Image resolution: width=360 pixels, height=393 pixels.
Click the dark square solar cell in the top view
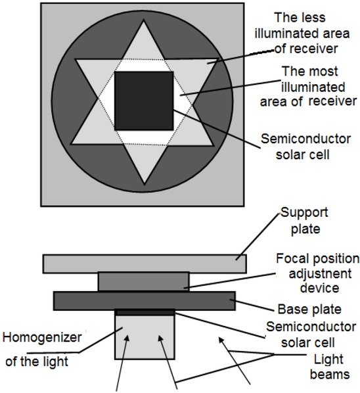144,101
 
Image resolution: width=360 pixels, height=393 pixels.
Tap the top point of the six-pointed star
144,21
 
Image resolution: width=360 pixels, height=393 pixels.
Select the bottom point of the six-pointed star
145,185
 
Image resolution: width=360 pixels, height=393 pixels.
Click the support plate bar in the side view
145,264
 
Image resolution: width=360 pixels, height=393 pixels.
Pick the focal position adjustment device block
144,282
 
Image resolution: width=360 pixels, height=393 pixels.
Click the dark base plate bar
145,301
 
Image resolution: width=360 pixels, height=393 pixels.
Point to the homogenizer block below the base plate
145,337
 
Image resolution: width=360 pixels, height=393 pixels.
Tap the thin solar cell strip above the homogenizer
145,312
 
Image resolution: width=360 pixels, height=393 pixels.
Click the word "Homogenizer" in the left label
42,337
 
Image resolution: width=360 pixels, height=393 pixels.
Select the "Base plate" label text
309,310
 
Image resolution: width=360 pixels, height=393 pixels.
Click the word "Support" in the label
304,213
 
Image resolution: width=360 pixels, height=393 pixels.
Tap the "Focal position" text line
318,259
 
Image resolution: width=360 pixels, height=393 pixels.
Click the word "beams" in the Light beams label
330,374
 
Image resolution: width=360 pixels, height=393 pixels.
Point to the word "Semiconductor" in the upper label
305,139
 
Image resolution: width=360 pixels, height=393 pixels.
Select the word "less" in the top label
315,18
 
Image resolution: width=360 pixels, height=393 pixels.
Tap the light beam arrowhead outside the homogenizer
221,340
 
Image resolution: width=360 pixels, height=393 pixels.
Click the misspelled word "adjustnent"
320,273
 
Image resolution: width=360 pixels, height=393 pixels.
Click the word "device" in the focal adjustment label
319,287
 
